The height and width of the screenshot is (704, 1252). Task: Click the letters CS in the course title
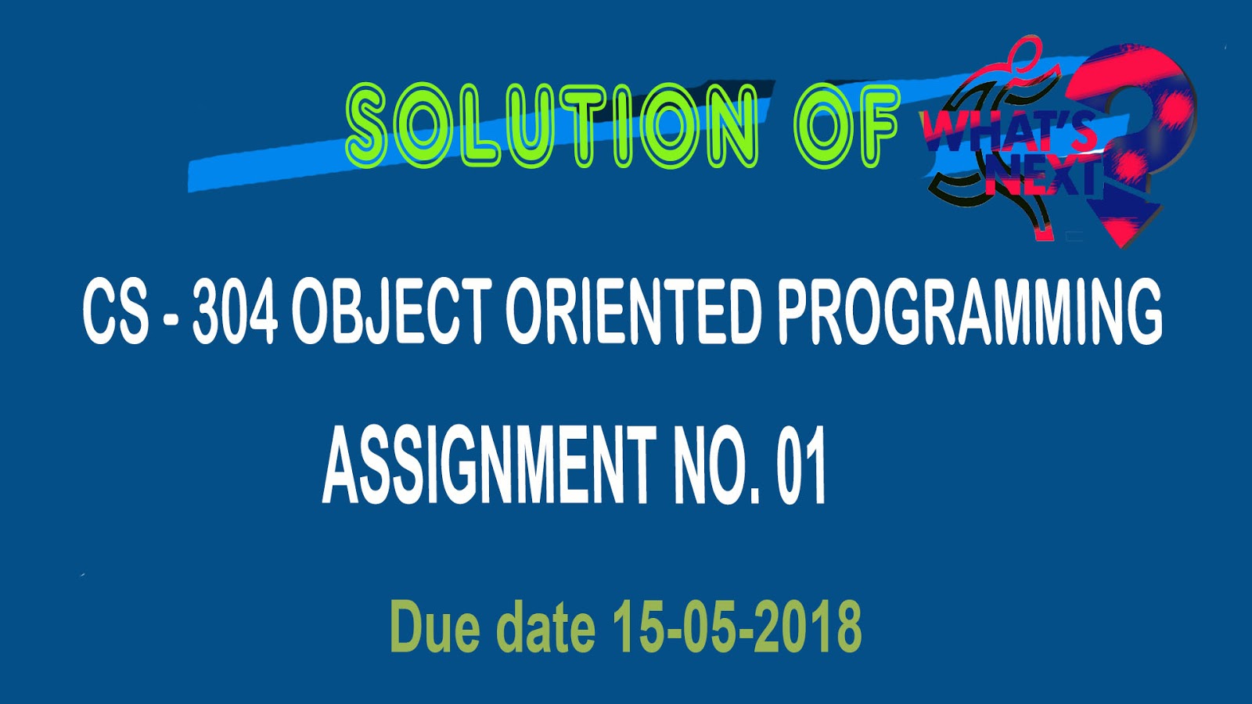(117, 312)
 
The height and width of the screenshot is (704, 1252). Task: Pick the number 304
(235, 312)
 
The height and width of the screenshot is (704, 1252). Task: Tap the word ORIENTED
(633, 312)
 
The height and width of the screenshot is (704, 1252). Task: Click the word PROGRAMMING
(970, 312)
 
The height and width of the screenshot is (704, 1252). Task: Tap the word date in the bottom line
(545, 626)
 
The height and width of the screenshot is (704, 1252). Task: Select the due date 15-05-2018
(736, 626)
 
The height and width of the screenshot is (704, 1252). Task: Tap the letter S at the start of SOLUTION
(367, 126)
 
